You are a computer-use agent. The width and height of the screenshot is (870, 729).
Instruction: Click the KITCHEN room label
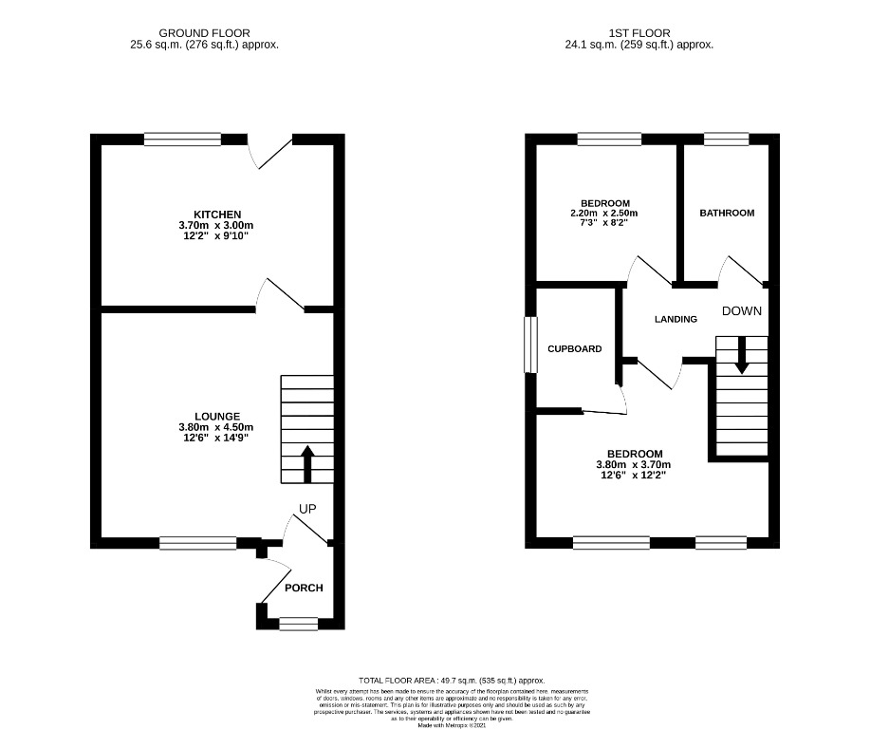pos(217,215)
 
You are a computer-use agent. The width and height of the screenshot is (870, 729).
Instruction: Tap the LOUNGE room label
pos(217,416)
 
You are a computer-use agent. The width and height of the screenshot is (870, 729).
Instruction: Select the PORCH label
pos(304,588)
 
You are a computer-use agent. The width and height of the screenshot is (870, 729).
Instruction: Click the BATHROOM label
pos(727,213)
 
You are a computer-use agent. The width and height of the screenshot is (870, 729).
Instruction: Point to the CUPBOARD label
pos(574,348)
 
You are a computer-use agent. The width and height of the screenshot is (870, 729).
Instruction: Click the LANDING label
pos(676,319)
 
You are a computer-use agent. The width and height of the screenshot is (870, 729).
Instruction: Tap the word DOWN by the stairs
pos(742,311)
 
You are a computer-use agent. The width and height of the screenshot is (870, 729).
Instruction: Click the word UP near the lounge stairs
pos(307,509)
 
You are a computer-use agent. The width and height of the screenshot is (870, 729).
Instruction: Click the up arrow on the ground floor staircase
pos(307,464)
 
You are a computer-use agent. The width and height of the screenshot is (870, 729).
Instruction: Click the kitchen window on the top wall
pos(176,140)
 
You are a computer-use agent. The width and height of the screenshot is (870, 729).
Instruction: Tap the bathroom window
pos(727,140)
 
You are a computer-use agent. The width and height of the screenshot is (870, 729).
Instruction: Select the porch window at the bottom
pos(299,624)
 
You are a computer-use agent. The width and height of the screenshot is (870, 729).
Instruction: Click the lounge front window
pos(197,543)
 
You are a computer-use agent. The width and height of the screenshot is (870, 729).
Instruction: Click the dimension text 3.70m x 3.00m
pos(217,225)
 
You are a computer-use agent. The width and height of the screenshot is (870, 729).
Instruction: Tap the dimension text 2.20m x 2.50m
pos(604,214)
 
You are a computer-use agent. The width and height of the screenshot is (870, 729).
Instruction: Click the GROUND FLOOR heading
pos(204,32)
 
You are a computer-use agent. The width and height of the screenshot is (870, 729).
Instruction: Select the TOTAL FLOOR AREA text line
pos(452,681)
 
